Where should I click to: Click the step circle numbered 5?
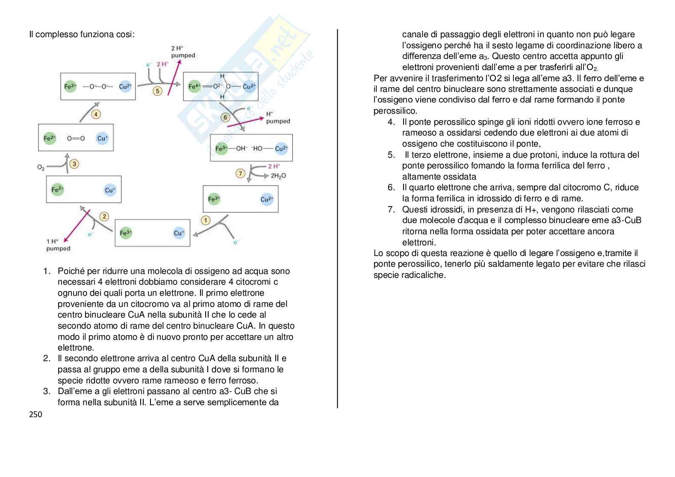(158, 91)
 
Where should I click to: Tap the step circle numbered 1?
(206, 220)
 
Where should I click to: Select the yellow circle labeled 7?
(241, 173)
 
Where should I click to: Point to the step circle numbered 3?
(74, 164)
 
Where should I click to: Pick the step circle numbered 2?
(104, 216)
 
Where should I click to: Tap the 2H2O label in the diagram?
(278, 176)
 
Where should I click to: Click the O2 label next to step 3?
(41, 168)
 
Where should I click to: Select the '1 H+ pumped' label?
(58, 245)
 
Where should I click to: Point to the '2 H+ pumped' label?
(183, 52)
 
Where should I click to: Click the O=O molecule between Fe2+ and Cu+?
(76, 138)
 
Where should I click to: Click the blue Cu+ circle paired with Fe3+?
(179, 233)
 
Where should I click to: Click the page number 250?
(36, 414)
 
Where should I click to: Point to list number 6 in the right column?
(391, 187)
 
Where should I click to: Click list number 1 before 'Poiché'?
(47, 271)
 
